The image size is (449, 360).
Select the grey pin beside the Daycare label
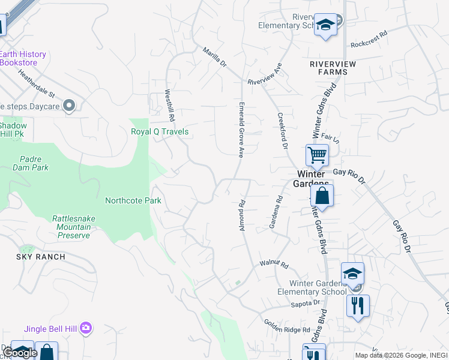tap(69, 106)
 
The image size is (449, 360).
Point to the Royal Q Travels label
tap(160, 131)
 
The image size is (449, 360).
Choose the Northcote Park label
tap(133, 200)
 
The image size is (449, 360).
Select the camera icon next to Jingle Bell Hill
tap(86, 328)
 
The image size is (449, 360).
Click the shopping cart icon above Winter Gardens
tap(317, 155)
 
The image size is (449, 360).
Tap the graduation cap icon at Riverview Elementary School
tap(325, 25)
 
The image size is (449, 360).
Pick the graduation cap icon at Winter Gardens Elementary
tap(352, 274)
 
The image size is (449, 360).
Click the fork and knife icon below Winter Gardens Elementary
tap(358, 305)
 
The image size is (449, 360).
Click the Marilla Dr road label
tap(215, 58)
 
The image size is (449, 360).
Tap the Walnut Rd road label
tap(274, 264)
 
